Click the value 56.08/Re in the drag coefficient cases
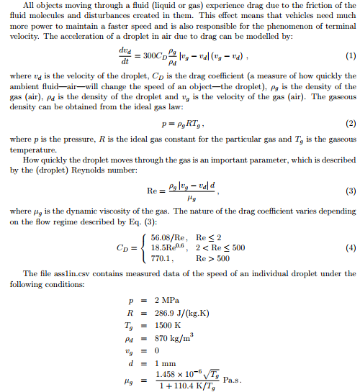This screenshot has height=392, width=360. click(x=168, y=237)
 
